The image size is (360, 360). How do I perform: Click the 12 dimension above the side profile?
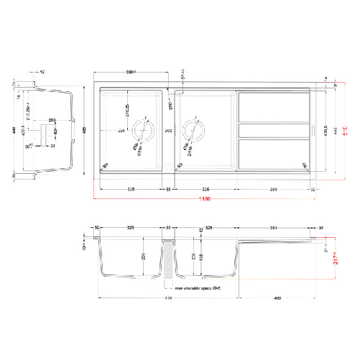tap(42, 73)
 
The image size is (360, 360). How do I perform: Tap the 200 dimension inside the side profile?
tap(52, 119)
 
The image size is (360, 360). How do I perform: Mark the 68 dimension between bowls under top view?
tap(169, 189)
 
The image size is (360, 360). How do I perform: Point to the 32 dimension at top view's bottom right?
tap(313, 189)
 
